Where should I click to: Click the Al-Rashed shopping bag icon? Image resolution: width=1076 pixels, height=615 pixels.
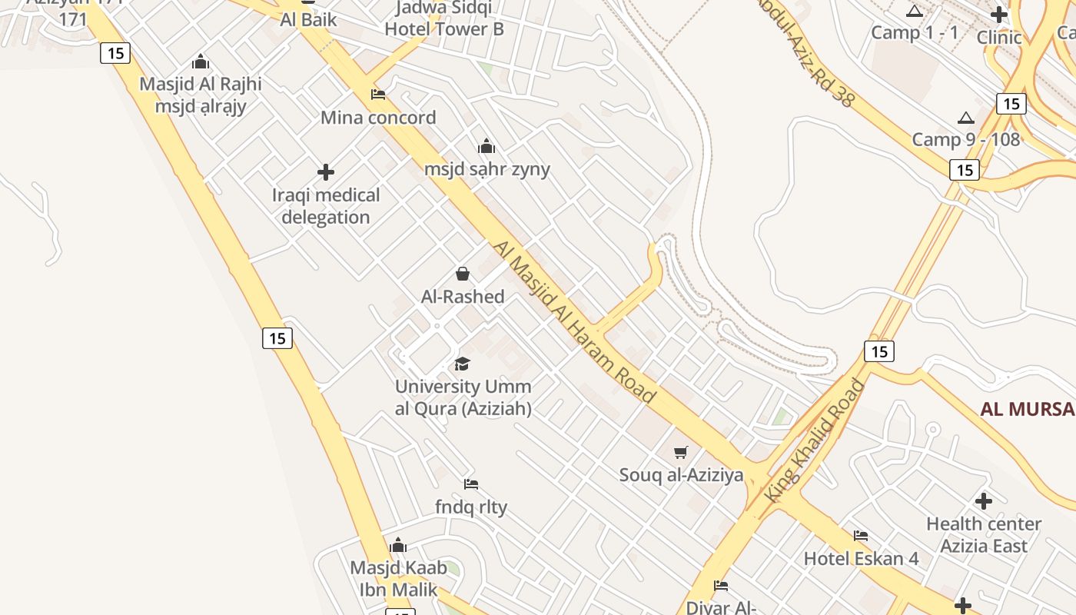pos(463,274)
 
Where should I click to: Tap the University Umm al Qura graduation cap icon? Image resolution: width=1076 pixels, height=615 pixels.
pos(462,364)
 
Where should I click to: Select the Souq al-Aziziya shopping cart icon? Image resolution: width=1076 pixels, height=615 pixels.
pos(680,452)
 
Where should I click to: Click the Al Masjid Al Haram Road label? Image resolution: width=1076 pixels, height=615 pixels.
pos(575,322)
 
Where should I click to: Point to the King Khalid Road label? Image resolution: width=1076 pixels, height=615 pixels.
pos(815,441)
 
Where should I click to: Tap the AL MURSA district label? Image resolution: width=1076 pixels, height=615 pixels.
pos(1028,409)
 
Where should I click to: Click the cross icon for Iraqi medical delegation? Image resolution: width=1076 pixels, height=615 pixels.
pos(326,172)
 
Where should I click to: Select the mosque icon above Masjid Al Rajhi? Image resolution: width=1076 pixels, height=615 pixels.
pos(201,61)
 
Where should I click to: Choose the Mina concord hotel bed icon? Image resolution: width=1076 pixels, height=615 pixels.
pos(377,95)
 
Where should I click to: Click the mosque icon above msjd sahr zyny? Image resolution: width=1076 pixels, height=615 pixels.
pos(487,146)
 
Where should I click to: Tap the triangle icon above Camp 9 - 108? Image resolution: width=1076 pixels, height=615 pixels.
pos(966,118)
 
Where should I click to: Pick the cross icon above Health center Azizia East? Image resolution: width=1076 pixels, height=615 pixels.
pos(983,501)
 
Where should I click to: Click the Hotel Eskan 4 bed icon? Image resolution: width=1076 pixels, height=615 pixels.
pos(861,535)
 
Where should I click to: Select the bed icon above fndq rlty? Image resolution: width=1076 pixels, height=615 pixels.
pos(471,484)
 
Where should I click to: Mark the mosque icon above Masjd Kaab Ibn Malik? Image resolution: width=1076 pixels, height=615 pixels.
pos(398,546)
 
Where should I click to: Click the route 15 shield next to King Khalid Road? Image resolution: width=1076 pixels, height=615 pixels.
pos(879,351)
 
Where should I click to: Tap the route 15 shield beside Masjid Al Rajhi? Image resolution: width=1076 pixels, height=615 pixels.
pos(115,53)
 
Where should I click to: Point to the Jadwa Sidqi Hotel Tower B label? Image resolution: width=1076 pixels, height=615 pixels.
pos(444,18)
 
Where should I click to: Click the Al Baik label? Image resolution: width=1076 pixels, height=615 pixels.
pos(308,19)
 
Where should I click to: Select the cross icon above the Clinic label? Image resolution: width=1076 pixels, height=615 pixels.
pos(998,14)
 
